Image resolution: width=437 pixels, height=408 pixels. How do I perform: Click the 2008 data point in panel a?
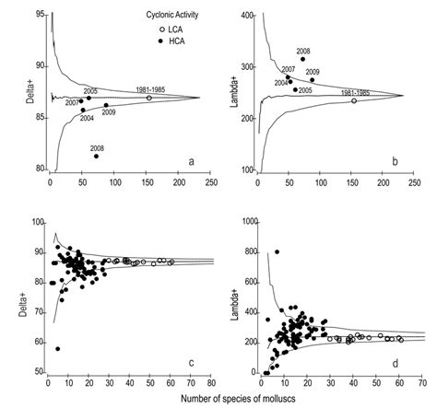(x=97, y=156)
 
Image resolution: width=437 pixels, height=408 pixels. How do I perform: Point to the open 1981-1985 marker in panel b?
(x=353, y=100)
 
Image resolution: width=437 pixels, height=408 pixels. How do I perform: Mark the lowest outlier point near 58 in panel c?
(x=58, y=349)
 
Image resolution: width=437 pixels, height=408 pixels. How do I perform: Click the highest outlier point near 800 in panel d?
(x=277, y=251)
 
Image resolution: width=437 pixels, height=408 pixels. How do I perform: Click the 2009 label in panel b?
(x=313, y=71)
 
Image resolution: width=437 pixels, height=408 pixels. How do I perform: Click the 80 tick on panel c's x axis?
(x=211, y=381)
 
